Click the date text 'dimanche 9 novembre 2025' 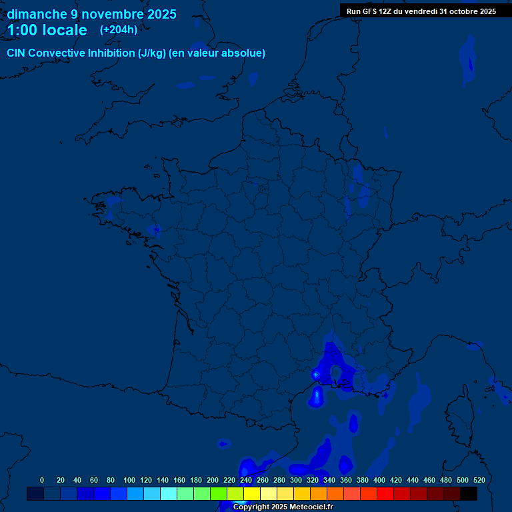pos(91,14)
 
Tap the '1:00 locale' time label pos(47,30)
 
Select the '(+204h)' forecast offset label pos(119,30)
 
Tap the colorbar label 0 pos(42,480)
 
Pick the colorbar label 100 pos(129,480)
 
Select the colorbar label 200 pos(212,480)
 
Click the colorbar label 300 pos(295,480)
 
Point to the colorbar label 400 pos(379,480)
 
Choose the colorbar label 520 pos(479,480)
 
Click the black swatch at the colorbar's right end pos(469,494)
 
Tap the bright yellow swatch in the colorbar pos(252,494)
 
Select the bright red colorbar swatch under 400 pos(385,494)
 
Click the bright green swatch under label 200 pos(219,494)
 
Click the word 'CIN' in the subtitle pos(16,53)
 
